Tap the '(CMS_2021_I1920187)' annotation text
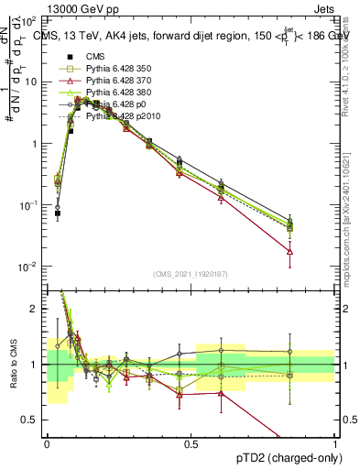tap(191, 274)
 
